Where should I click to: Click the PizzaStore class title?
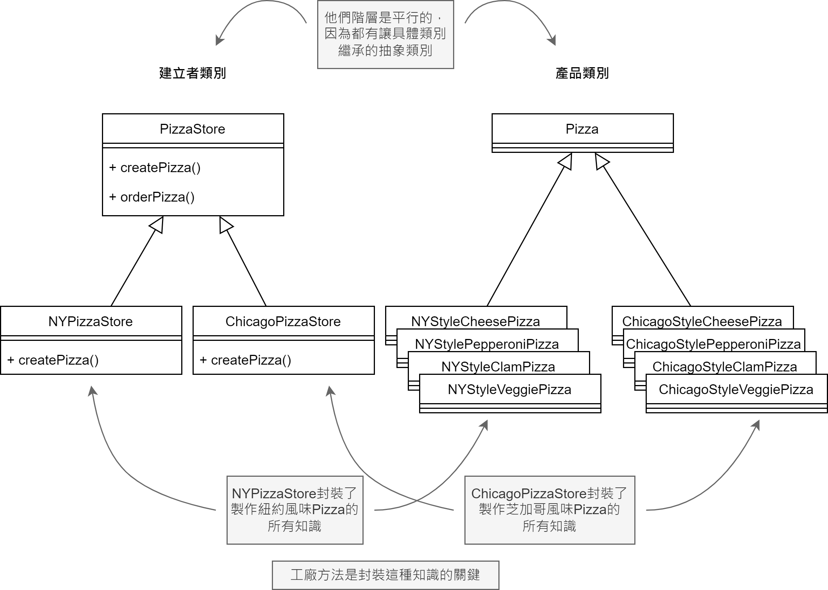pos(192,129)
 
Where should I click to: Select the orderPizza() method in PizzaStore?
pos(152,197)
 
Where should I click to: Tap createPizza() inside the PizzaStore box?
pos(155,168)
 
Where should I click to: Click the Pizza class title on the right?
pos(582,129)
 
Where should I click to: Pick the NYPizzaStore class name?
pos(91,322)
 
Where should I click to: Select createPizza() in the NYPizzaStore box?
pos(53,360)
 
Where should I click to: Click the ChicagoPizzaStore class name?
pos(283,322)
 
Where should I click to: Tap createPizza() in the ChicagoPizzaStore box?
pos(245,360)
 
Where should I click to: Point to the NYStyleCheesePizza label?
pos(475,321)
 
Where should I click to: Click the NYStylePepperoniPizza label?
pos(487,344)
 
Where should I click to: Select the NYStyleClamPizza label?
pos(498,367)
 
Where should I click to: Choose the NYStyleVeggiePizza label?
pos(509,389)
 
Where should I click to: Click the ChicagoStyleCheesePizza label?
pos(702,321)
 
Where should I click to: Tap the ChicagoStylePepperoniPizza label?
pos(713,344)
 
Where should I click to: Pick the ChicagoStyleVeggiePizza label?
pos(736,389)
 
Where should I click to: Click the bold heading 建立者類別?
pos(192,73)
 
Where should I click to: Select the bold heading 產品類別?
pos(582,73)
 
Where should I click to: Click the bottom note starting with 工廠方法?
pos(385,575)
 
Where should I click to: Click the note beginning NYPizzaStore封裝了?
pos(295,510)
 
